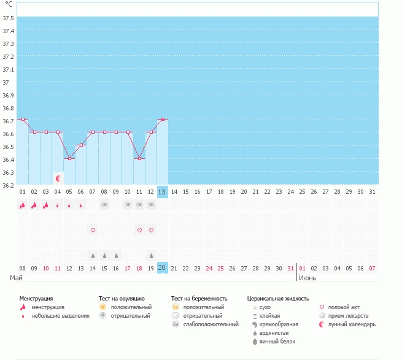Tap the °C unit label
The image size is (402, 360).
pyautogui.click(x=8, y=4)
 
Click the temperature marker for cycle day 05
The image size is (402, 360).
pyautogui.click(x=69, y=158)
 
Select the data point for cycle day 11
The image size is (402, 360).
pyautogui.click(x=139, y=158)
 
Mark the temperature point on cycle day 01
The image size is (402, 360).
pyautogui.click(x=23, y=119)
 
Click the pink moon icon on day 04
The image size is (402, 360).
pyautogui.click(x=58, y=178)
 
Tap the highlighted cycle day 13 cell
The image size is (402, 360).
pyautogui.click(x=162, y=192)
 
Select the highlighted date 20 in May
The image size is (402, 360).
pyautogui.click(x=162, y=268)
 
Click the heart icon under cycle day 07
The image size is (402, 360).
pyautogui.click(x=93, y=230)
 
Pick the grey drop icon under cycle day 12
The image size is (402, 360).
pyautogui.click(x=151, y=255)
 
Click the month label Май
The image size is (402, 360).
pyautogui.click(x=17, y=278)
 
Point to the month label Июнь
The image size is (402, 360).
pyautogui.click(x=308, y=278)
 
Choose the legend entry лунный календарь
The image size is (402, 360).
pyautogui.click(x=352, y=324)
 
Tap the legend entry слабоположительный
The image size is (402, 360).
pyautogui.click(x=211, y=324)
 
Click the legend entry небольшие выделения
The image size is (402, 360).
pyautogui.click(x=60, y=316)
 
